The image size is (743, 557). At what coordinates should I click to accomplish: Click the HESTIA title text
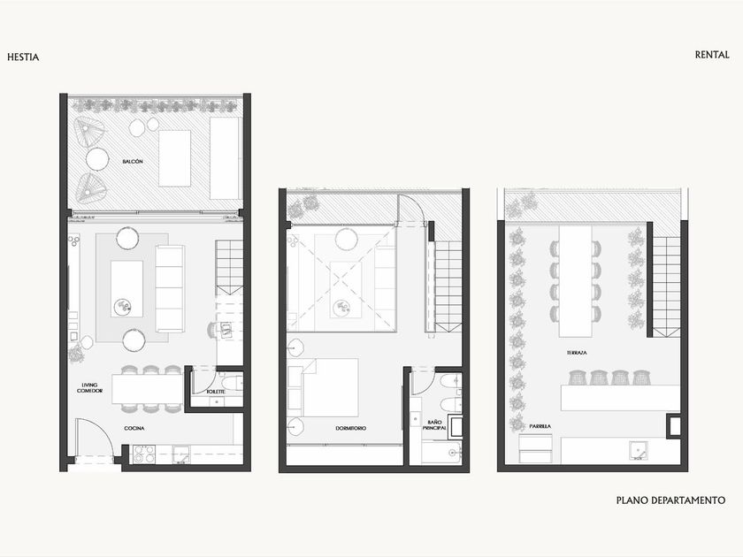coord(23,57)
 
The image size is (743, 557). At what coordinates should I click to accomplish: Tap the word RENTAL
coord(712,55)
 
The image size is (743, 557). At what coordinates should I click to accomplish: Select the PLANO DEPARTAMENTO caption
coord(670,500)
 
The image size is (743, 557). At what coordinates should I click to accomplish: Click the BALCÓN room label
coord(133,162)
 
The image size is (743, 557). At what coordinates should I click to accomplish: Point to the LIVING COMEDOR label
coord(89,388)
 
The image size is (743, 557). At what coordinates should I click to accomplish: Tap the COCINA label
coord(134,428)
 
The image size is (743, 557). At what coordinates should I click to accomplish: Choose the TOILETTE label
coord(216,393)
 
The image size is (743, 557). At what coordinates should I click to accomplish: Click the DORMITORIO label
coord(350,428)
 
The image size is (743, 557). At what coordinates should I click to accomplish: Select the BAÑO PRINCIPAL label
coord(434,425)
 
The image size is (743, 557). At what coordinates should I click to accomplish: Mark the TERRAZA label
coord(577,353)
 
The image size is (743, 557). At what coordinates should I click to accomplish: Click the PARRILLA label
coord(540,426)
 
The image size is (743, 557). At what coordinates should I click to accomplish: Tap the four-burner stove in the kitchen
coord(144,454)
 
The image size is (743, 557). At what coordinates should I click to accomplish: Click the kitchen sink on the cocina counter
coord(181,454)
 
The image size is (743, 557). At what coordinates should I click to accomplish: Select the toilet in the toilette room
coord(232,382)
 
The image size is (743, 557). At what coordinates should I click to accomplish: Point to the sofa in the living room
coord(170,288)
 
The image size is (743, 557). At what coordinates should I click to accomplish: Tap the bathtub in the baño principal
coord(441,453)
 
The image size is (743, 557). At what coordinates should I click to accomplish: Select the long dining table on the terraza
coord(575,281)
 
